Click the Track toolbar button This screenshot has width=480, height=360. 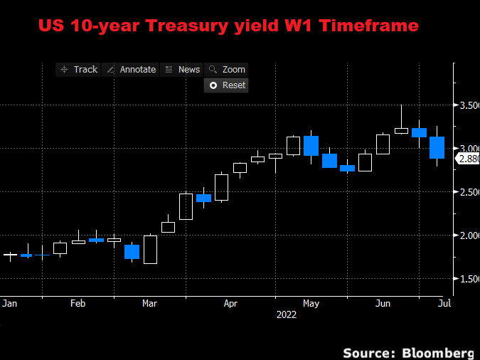click(x=79, y=69)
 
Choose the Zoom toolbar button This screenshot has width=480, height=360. click(x=227, y=69)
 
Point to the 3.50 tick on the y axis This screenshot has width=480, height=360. click(x=466, y=105)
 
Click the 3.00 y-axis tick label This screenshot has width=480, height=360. click(x=466, y=148)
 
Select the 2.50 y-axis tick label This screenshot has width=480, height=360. click(x=466, y=192)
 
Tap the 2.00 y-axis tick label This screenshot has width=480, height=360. click(x=466, y=235)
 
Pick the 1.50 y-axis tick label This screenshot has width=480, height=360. click(x=466, y=279)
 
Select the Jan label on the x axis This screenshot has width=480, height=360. click(x=9, y=303)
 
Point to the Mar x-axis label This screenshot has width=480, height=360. click(x=150, y=303)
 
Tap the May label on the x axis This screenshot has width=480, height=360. click(x=311, y=303)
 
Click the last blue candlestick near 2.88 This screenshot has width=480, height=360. click(x=437, y=147)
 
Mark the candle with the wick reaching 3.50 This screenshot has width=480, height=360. click(x=401, y=130)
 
